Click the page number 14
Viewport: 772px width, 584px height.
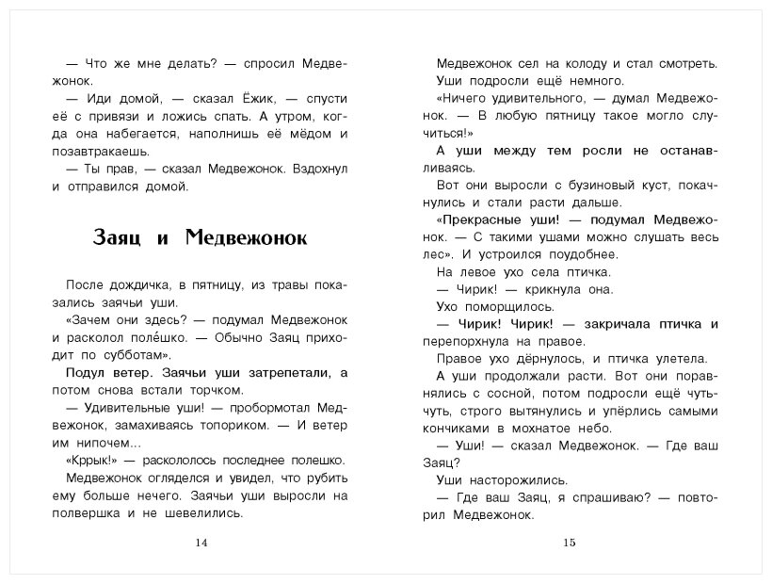198,543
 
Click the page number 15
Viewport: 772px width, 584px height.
569,543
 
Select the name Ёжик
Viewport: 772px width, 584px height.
198,99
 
